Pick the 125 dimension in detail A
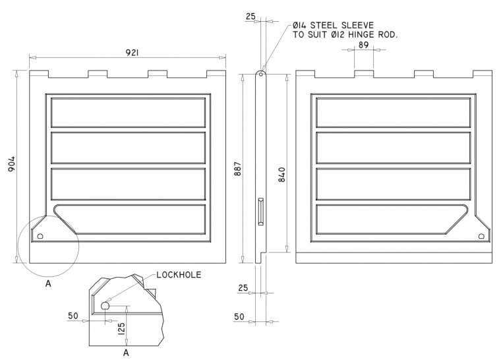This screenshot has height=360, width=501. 121,328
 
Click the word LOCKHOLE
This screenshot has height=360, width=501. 179,274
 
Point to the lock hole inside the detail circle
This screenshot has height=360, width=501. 40,235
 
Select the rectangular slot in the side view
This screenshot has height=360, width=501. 261,211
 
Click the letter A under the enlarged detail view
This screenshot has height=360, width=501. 126,353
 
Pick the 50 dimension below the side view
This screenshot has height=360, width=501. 239,317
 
